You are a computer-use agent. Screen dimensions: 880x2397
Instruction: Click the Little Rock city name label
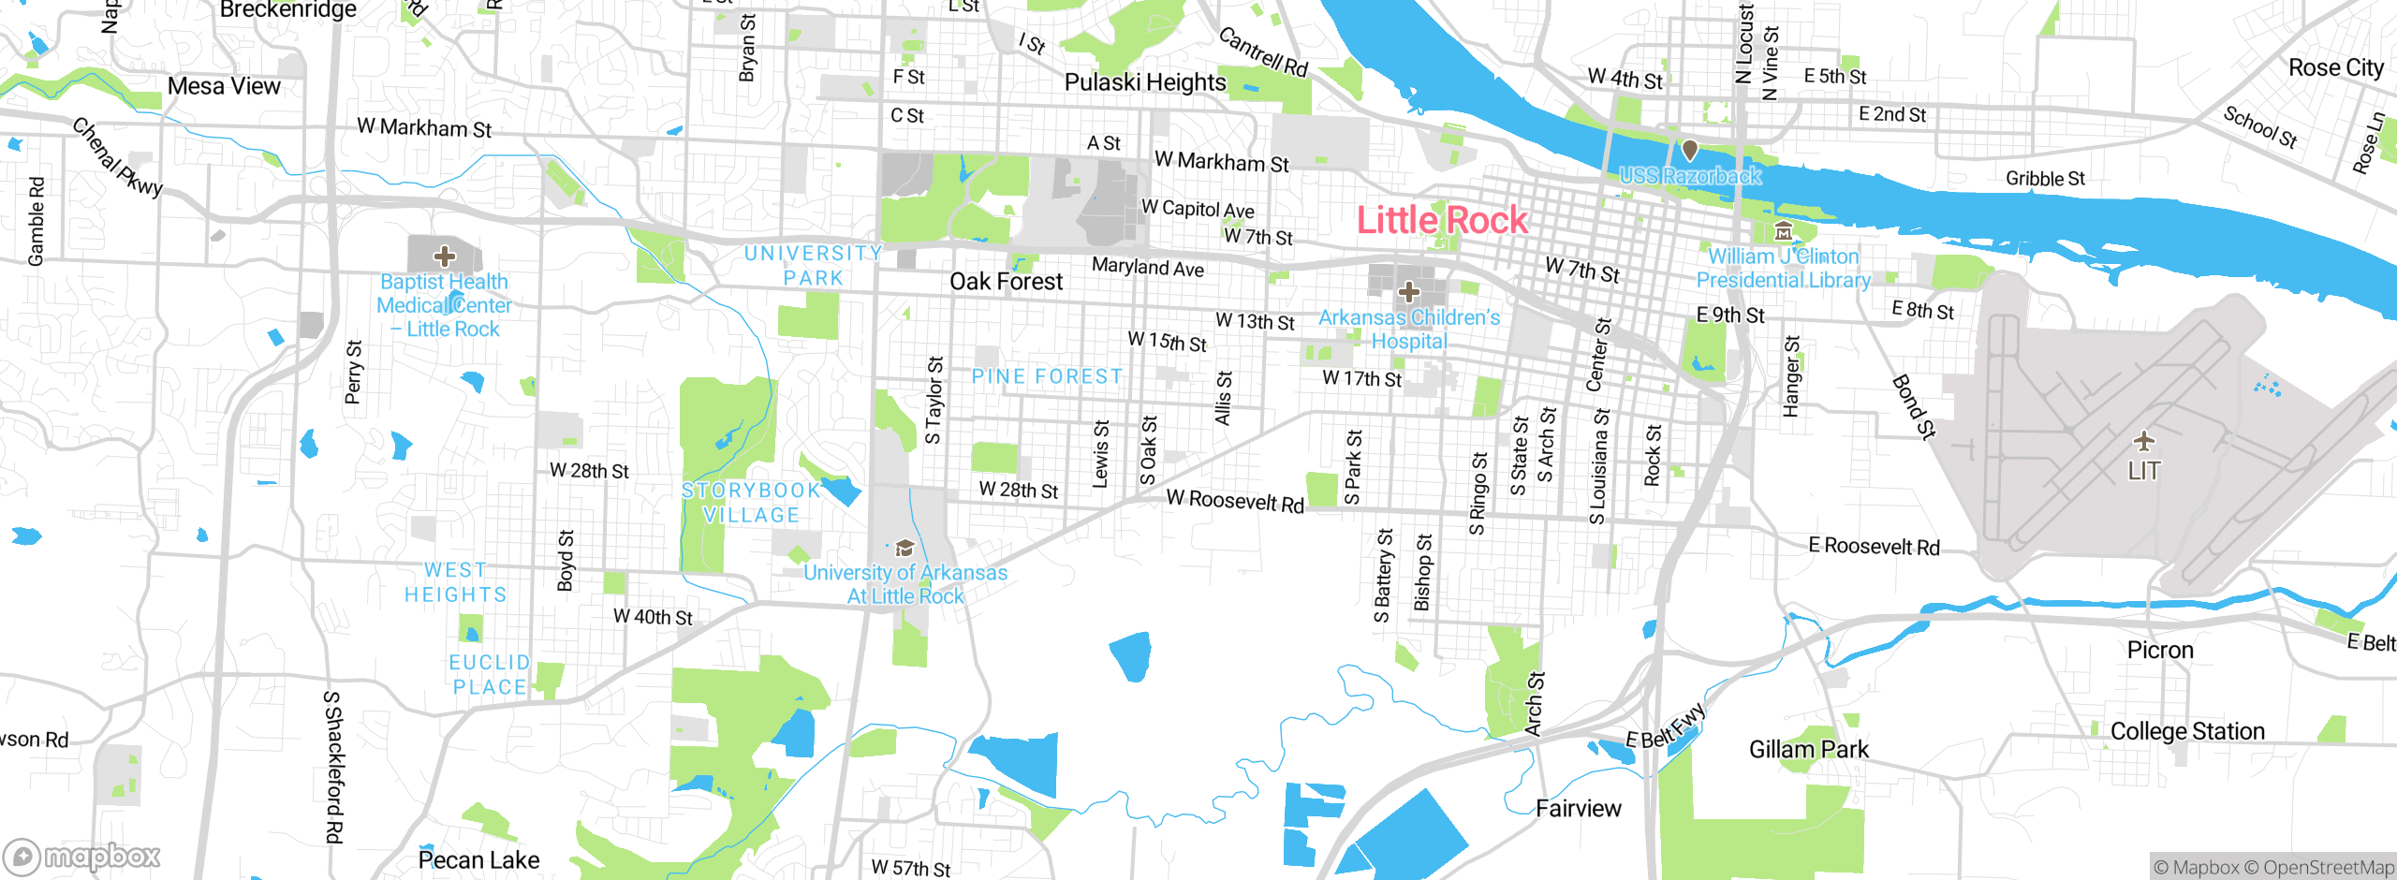coord(1442,221)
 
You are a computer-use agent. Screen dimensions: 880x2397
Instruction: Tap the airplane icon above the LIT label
coord(2144,440)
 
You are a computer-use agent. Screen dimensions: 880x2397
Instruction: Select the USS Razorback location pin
coord(1690,150)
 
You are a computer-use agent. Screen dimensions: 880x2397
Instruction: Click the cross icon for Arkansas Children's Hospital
coord(1408,292)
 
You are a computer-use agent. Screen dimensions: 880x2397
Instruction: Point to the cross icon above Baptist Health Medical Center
coord(445,256)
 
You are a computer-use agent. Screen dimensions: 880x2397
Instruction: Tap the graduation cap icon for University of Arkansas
coord(904,549)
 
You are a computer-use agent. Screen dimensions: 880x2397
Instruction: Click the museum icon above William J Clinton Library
coord(1784,231)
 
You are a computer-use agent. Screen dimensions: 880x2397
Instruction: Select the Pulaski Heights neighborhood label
coord(1145,82)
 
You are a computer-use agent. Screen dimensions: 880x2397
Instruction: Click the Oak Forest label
coord(1006,282)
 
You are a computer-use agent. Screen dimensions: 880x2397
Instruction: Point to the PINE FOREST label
coord(1047,376)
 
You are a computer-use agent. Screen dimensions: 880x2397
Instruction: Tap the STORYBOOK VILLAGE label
coord(751,503)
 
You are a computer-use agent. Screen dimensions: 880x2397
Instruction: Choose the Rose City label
coord(2335,68)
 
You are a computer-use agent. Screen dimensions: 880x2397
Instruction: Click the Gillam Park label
coord(1808,749)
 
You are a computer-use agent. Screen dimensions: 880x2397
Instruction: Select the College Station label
coord(2187,731)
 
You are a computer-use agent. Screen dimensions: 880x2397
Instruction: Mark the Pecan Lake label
coord(478,859)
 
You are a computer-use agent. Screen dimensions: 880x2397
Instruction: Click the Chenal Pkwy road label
coord(118,156)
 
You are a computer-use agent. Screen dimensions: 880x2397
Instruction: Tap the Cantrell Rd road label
coord(1263,51)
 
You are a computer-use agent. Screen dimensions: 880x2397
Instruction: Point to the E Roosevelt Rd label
coord(1874,546)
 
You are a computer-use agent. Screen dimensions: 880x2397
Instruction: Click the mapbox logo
coord(82,856)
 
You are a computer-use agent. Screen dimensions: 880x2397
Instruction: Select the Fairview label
coord(1578,808)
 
